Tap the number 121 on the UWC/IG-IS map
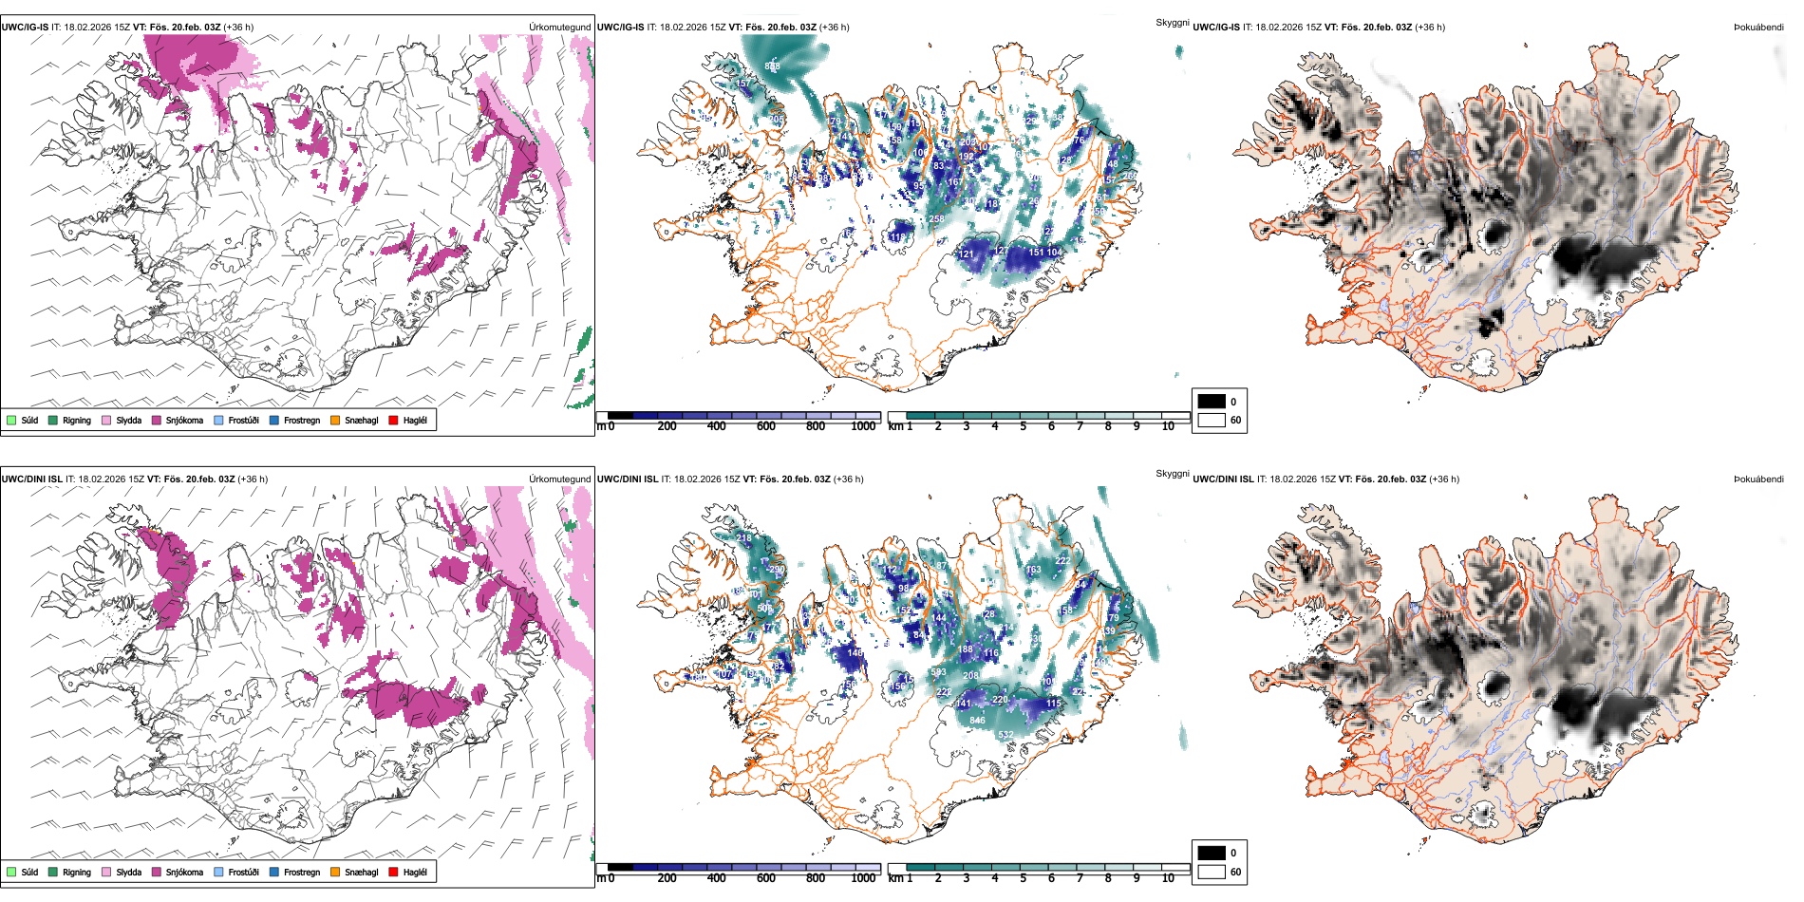(x=967, y=254)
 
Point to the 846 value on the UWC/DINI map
(x=977, y=721)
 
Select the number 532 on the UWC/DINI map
(x=1005, y=735)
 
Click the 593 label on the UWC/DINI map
(x=938, y=673)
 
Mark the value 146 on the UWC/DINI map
(x=855, y=653)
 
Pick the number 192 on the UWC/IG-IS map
(x=967, y=157)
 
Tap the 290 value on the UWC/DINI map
(x=777, y=571)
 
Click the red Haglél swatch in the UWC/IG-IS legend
(x=394, y=420)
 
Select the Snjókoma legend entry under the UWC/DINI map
(x=184, y=872)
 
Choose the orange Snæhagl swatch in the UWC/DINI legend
(x=335, y=872)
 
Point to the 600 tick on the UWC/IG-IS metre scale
(x=766, y=426)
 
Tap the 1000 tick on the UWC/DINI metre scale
(x=863, y=878)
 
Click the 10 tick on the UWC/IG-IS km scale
(x=1168, y=426)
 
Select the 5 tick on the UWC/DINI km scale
(x=1024, y=878)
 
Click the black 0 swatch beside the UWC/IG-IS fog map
(x=1212, y=402)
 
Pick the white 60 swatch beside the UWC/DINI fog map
(x=1212, y=872)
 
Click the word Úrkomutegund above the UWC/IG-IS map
(x=559, y=28)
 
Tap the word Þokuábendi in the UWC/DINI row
(x=1758, y=479)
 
